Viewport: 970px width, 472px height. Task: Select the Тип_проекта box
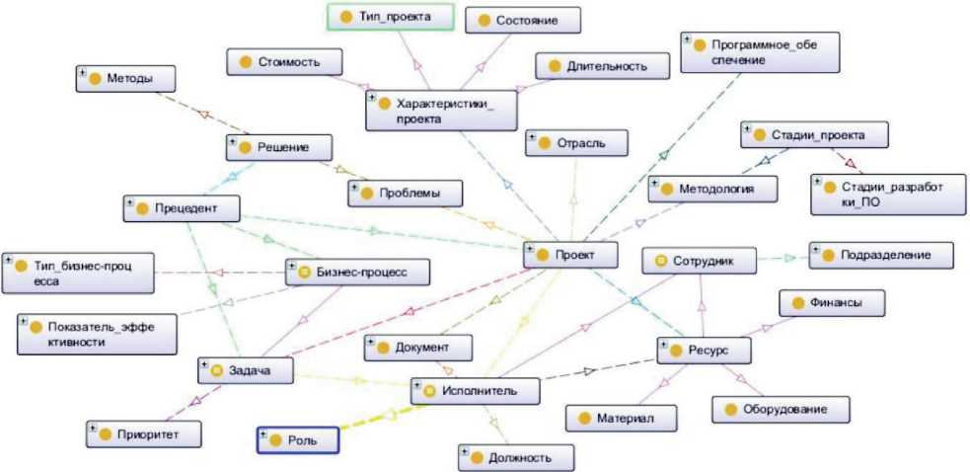[390, 17]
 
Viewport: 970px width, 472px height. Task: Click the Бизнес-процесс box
[345, 272]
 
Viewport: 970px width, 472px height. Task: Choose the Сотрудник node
[701, 261]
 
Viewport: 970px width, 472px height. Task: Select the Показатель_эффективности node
[97, 334]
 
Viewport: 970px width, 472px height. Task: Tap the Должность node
[516, 457]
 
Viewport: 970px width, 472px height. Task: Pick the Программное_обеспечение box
[746, 51]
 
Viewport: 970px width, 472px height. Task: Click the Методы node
[126, 78]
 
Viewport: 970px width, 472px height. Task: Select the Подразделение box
[882, 254]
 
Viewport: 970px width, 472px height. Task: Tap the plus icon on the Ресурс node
[663, 345]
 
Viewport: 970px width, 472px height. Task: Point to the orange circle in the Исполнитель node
[429, 392]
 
